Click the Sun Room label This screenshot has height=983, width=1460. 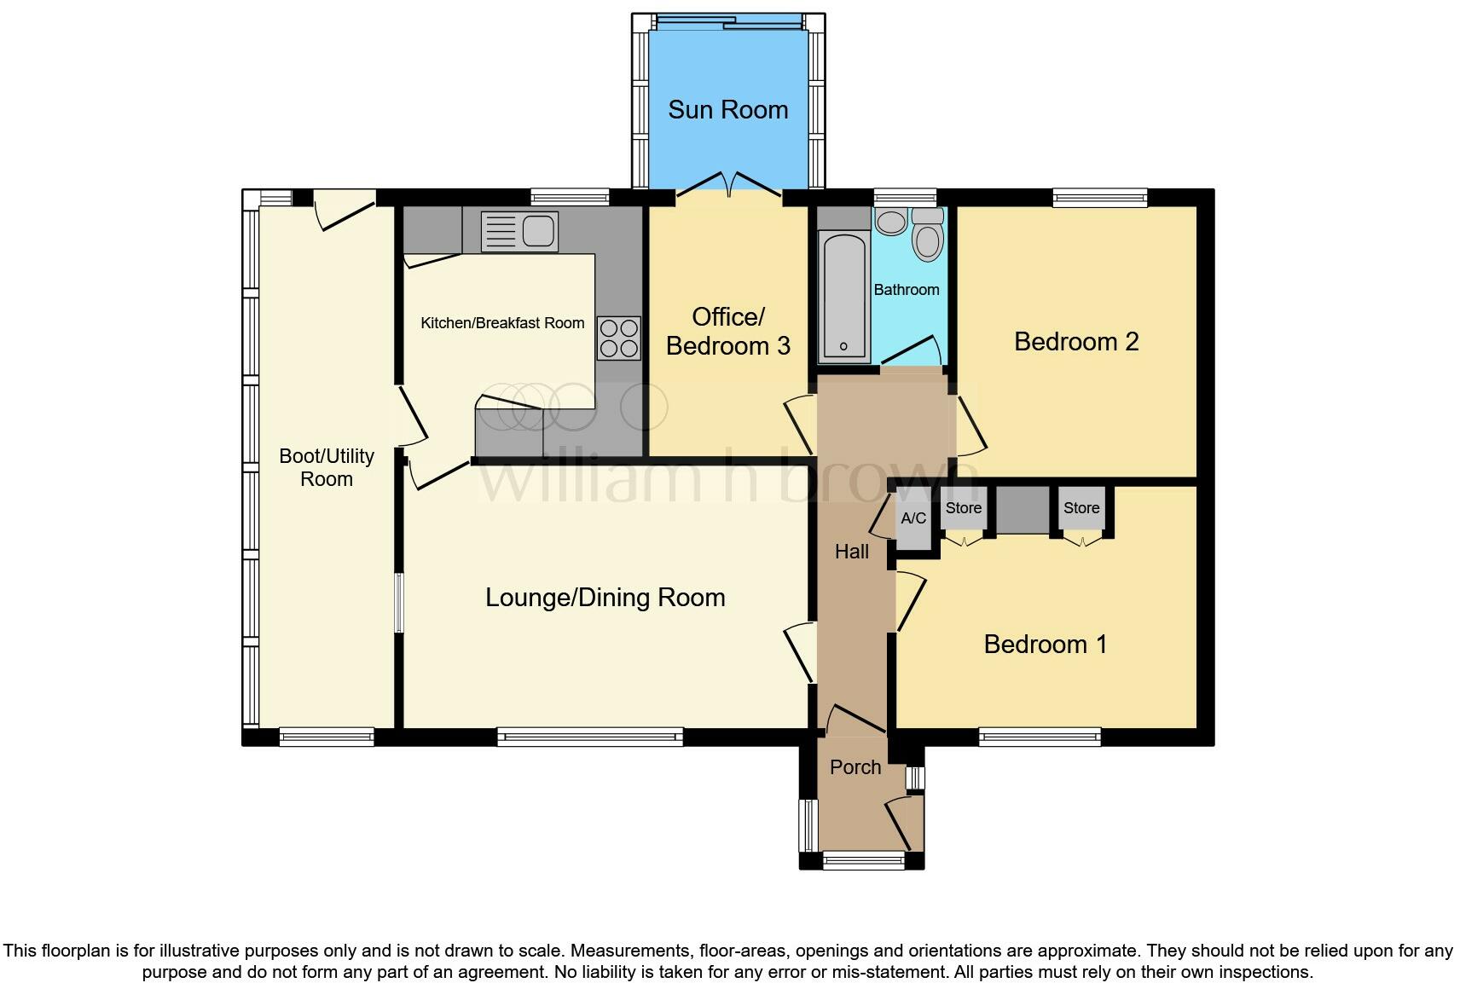[x=727, y=110]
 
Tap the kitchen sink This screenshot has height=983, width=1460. [x=519, y=231]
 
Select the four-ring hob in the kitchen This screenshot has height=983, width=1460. [x=618, y=338]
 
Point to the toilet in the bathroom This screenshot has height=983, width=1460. [x=927, y=234]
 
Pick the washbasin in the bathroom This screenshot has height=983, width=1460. [x=891, y=222]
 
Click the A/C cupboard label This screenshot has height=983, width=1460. [x=913, y=518]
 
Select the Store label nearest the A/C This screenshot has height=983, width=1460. [x=964, y=508]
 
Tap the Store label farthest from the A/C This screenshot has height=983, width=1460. [x=1081, y=508]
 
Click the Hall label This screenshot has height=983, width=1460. [x=851, y=552]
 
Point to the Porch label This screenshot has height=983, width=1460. [x=855, y=767]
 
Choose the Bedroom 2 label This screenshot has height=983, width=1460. [x=1076, y=342]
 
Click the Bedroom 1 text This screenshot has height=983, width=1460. [x=1046, y=645]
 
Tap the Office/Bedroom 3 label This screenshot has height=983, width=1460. [x=727, y=332]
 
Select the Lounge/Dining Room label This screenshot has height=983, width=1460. [x=605, y=598]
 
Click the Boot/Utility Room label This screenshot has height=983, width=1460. [x=327, y=467]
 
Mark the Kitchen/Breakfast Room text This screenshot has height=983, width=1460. [x=502, y=323]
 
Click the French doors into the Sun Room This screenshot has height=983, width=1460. [x=729, y=184]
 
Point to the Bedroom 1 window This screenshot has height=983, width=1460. [x=1040, y=736]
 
